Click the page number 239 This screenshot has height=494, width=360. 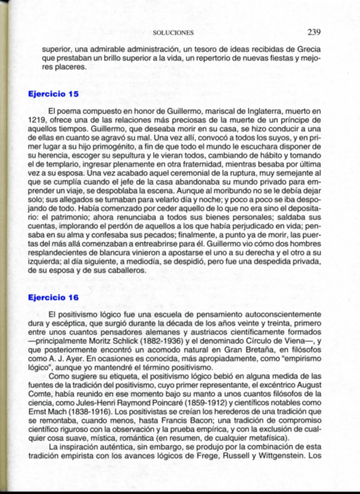[314, 32]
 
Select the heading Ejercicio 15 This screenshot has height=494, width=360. [53, 93]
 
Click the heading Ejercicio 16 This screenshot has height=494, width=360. [53, 297]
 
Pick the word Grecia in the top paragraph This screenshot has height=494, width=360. [307, 50]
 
